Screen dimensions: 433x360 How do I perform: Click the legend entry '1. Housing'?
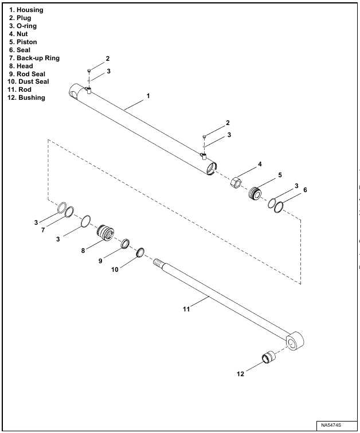(x=26, y=10)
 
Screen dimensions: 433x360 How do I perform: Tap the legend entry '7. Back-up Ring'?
(x=34, y=58)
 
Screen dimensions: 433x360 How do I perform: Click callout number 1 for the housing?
(x=148, y=96)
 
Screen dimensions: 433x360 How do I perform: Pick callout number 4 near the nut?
(x=259, y=164)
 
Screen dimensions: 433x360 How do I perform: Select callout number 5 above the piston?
(x=280, y=175)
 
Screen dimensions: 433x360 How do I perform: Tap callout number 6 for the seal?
(x=305, y=189)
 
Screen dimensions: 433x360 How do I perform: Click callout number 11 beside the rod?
(x=186, y=309)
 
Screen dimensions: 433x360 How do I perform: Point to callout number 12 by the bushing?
(x=241, y=374)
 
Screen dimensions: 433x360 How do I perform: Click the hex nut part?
(x=236, y=183)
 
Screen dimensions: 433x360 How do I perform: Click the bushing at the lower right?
(x=268, y=359)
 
